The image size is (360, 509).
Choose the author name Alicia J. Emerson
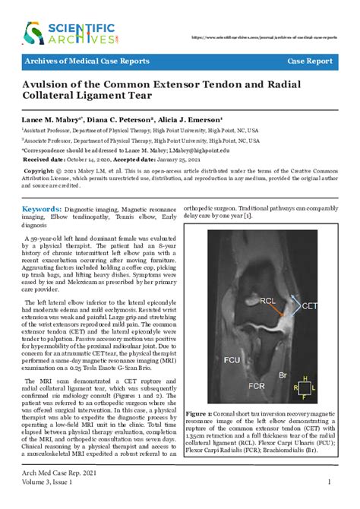pyautogui.click(x=188, y=120)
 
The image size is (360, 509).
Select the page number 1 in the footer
pyautogui.click(x=328, y=481)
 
